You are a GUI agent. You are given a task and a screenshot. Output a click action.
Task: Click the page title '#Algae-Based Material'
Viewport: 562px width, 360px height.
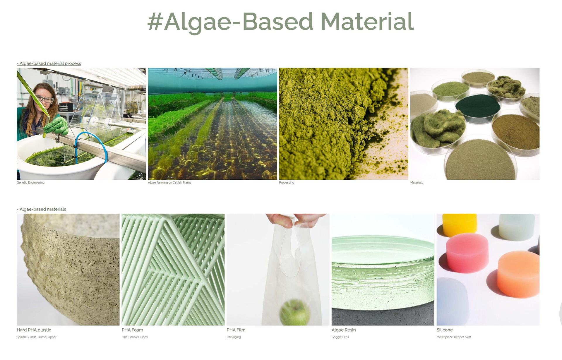281,22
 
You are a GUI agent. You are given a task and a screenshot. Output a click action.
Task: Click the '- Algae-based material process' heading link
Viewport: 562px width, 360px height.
49,64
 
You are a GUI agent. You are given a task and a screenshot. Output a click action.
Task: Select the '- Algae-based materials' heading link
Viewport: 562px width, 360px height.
42,209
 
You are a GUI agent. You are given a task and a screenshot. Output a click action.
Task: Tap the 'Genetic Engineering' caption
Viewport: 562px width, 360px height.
31,183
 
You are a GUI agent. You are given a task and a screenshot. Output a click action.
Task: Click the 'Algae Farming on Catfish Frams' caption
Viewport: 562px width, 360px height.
169,183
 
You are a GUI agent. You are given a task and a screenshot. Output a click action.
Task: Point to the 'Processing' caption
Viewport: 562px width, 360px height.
287,183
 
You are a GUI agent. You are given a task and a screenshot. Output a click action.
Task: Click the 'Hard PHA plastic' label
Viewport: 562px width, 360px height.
34,330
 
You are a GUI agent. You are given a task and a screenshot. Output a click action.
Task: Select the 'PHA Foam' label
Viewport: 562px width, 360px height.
132,330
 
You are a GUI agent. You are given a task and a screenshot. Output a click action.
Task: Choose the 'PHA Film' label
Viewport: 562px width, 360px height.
236,330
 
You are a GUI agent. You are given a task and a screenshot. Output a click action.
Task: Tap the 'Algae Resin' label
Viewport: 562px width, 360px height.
344,330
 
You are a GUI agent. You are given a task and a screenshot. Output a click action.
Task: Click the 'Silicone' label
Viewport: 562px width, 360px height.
445,330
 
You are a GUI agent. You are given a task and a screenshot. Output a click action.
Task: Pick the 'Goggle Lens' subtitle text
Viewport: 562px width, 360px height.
340,337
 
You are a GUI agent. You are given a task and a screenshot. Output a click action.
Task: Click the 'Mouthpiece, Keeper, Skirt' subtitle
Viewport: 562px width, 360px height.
454,337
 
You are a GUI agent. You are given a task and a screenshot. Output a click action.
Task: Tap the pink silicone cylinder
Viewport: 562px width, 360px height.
467,253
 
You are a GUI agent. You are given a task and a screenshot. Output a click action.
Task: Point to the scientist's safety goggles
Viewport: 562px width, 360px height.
45,100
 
